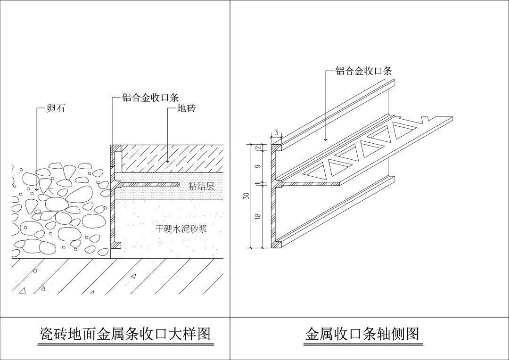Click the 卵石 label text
click(56, 109)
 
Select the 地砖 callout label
click(186, 109)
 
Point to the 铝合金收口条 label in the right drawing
click(363, 71)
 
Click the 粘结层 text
click(201, 186)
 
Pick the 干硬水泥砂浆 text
click(181, 229)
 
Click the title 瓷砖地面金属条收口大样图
click(124, 334)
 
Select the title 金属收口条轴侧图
click(362, 334)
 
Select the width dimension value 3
click(276, 132)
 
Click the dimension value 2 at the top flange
click(258, 147)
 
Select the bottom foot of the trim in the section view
click(116, 245)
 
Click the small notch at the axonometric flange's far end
click(426, 118)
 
